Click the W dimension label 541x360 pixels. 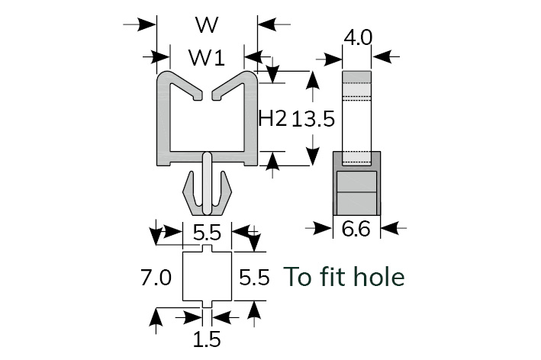click(206, 24)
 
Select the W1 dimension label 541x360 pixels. click(206, 57)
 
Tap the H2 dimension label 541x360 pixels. click(272, 118)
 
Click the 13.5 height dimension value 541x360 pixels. click(313, 118)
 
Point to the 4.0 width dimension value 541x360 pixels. click(357, 37)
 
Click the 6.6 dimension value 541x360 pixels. click(357, 228)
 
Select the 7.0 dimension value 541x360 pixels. click(156, 278)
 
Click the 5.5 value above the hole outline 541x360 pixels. click(208, 233)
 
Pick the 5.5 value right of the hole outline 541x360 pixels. click(254, 278)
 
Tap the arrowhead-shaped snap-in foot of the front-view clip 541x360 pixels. click(207, 194)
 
